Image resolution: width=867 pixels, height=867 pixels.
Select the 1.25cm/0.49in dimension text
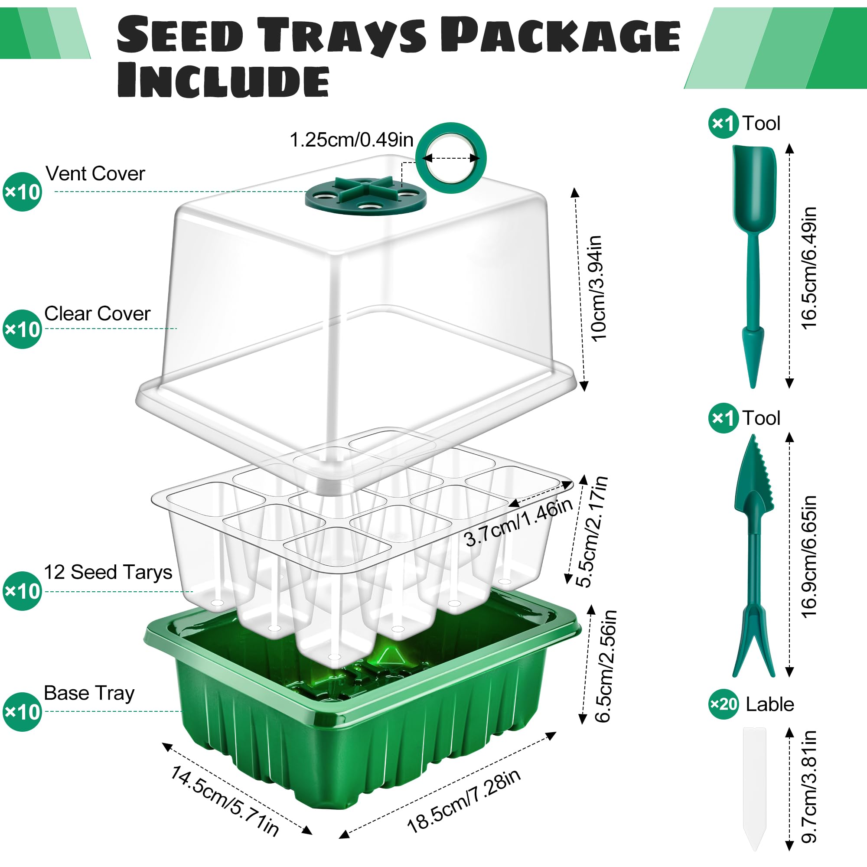[x=351, y=140]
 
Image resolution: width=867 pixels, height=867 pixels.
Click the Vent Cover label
[x=95, y=174]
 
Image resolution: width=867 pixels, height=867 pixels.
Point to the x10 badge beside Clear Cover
[x=22, y=329]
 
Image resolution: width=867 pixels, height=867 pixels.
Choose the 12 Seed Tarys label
[x=108, y=572]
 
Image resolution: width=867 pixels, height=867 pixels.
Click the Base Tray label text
[x=89, y=693]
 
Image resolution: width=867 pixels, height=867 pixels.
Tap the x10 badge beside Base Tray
[x=22, y=712]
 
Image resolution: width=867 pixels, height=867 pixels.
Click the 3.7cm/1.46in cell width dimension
[x=519, y=523]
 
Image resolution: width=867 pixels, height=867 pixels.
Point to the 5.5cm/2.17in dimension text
[x=592, y=532]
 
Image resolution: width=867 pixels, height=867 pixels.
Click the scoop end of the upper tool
[x=754, y=189]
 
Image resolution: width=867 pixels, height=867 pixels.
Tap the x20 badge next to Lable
[x=723, y=704]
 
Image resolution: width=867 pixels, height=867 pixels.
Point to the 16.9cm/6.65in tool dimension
[x=808, y=557]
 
